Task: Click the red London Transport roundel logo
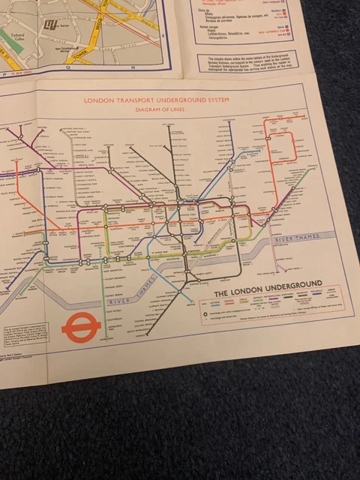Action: (x=76, y=328)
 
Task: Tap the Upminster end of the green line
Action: (x=312, y=170)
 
